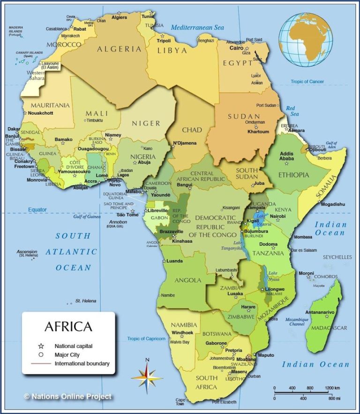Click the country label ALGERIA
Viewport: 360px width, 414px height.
click(119, 49)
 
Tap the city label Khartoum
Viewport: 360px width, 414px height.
click(258, 132)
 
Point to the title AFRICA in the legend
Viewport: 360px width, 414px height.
click(68, 326)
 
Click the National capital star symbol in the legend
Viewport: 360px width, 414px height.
click(41, 346)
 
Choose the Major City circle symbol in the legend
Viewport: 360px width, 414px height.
click(41, 355)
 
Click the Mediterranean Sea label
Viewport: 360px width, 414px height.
click(197, 28)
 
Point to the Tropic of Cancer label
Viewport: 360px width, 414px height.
click(307, 81)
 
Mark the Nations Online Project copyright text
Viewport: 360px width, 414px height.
click(68, 397)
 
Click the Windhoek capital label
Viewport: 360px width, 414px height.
click(182, 333)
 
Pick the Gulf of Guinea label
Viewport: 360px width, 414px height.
click(88, 217)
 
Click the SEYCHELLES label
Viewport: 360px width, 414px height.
click(337, 257)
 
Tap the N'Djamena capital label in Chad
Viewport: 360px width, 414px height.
click(184, 143)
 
